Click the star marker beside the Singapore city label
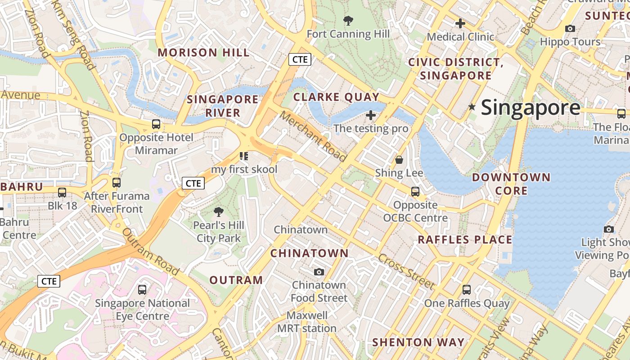[472, 107]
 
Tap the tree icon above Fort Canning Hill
[348, 20]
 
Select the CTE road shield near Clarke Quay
[300, 59]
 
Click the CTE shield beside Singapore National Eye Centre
[49, 282]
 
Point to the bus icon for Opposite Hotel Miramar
[156, 124]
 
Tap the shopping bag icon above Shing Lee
[399, 160]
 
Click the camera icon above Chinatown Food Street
[319, 272]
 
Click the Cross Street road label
[406, 271]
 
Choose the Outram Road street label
[151, 252]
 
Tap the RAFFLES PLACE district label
[465, 240]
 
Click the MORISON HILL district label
[203, 53]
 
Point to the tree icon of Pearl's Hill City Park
[218, 211]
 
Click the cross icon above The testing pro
[371, 116]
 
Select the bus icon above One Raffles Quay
[467, 290]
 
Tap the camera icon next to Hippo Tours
[570, 29]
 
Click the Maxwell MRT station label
[307, 322]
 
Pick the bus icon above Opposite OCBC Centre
[415, 192]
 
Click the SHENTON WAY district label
[418, 342]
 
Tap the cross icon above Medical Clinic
[460, 23]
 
